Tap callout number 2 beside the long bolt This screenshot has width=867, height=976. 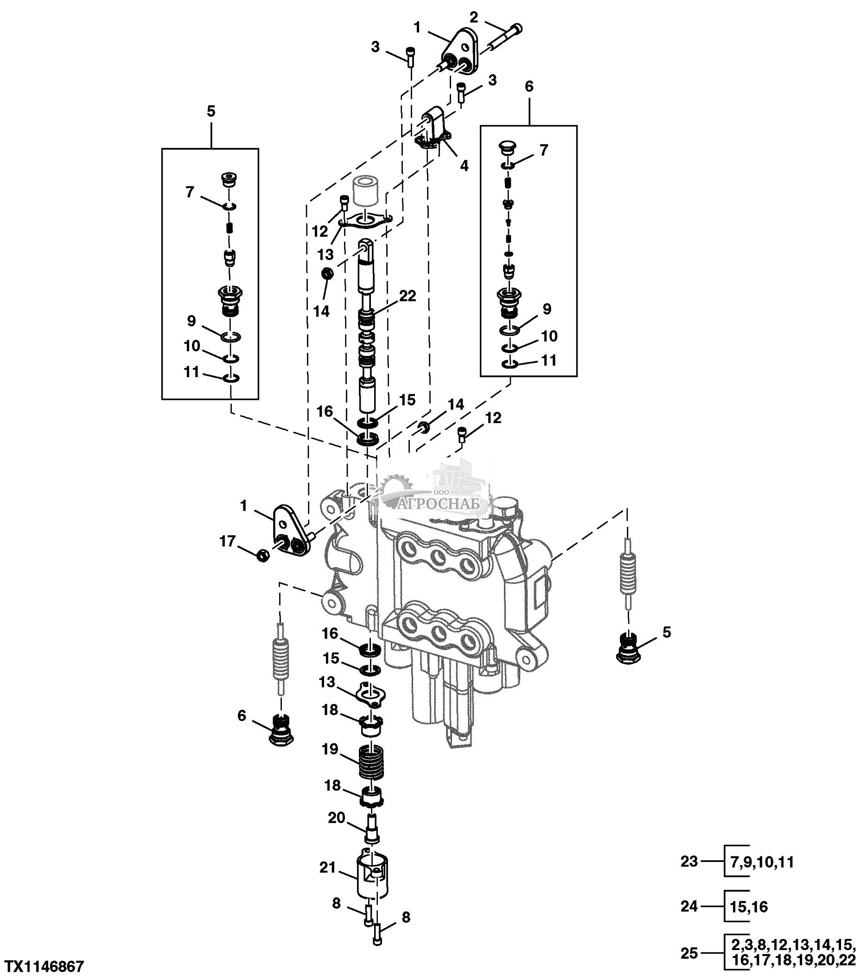473,18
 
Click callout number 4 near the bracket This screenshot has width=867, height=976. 464,166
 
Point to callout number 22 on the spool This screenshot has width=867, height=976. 408,296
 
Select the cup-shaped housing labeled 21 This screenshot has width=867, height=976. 373,875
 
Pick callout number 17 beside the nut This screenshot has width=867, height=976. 227,541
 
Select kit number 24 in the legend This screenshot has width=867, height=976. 689,906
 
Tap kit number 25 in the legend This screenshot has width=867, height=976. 689,954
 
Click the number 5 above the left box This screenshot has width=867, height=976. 210,111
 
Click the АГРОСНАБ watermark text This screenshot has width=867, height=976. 437,504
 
